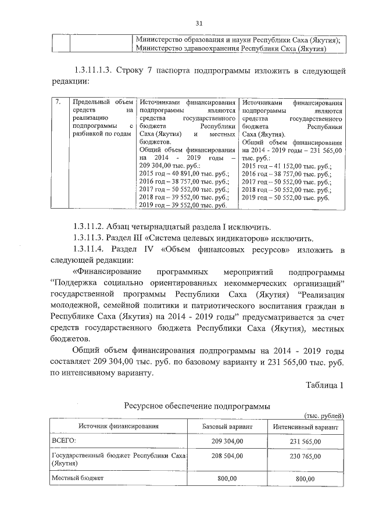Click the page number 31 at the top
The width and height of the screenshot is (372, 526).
point(198,23)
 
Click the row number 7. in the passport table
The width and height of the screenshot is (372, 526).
point(58,102)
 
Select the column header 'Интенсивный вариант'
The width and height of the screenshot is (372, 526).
point(306,427)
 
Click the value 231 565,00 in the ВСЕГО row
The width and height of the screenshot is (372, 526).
point(306,442)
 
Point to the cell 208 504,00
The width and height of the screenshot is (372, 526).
point(227,456)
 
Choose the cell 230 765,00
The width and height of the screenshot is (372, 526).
point(306,456)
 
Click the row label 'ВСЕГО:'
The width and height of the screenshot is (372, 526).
point(65,442)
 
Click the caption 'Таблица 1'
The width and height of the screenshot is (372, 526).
point(325,386)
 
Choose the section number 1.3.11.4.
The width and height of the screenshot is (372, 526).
point(92,249)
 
